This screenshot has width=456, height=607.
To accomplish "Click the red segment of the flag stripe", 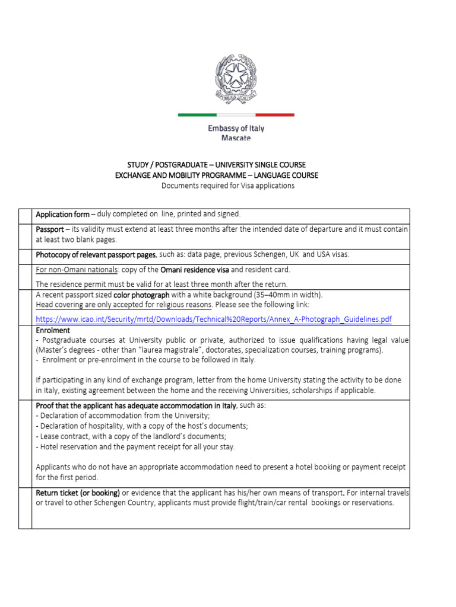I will tap(274, 114).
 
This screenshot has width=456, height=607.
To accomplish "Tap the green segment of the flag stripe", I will tap(197, 114).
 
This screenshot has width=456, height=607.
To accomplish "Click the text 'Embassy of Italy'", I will tap(236, 128).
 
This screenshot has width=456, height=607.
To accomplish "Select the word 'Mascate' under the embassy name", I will tap(236, 138).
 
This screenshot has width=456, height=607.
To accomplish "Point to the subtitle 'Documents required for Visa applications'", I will tap(228, 186).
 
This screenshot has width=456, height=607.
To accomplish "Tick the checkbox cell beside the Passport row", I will tap(25, 234).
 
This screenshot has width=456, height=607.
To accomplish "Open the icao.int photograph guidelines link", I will tap(214, 320).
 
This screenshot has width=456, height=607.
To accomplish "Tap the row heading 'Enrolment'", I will tap(53, 330).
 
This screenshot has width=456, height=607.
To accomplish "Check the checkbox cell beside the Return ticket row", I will tap(25, 507).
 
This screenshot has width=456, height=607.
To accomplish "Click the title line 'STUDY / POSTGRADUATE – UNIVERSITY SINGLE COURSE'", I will tap(217, 164).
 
